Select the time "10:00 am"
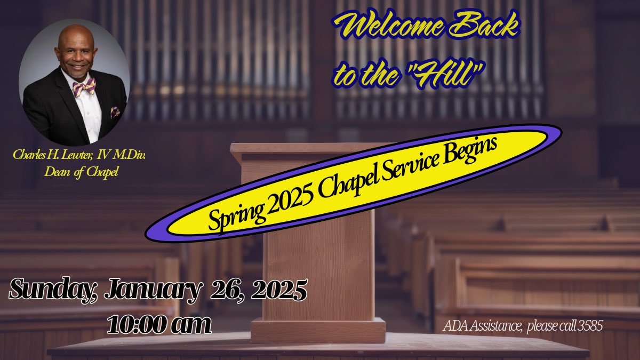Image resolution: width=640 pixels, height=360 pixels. click(x=159, y=323)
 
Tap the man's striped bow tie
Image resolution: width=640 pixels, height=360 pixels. click(x=84, y=86)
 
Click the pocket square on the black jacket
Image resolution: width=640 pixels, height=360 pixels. click(x=115, y=111)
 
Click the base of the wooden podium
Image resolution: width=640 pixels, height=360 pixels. click(x=318, y=330)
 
